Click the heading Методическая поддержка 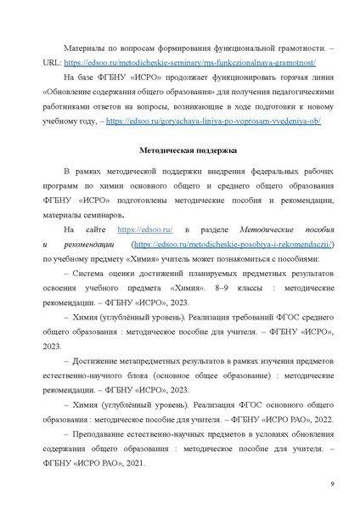(x=179, y=149)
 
